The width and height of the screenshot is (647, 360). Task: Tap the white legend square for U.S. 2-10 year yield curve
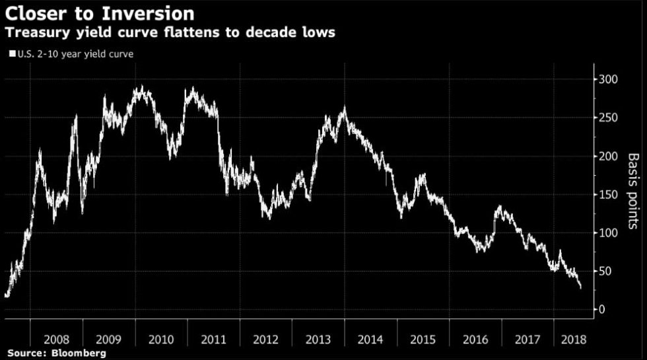pos(11,55)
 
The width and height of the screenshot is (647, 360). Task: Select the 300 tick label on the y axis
pos(609,79)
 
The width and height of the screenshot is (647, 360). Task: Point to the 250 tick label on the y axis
pos(609,118)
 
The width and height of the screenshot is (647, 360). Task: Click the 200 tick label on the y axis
pos(609,156)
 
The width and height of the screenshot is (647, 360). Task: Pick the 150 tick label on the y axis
pos(609,194)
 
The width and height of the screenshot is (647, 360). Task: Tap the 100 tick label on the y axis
pos(609,233)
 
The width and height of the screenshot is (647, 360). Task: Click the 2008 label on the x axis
pos(57,340)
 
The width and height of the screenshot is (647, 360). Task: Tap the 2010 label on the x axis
pos(161,340)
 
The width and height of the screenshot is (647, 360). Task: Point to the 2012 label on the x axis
pos(266,340)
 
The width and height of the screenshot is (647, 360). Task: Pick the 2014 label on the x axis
pos(370,340)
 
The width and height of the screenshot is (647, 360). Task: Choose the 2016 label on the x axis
pos(475,340)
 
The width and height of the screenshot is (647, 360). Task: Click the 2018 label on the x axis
pos(572,340)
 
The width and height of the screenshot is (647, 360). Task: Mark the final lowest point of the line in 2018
pos(580,288)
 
